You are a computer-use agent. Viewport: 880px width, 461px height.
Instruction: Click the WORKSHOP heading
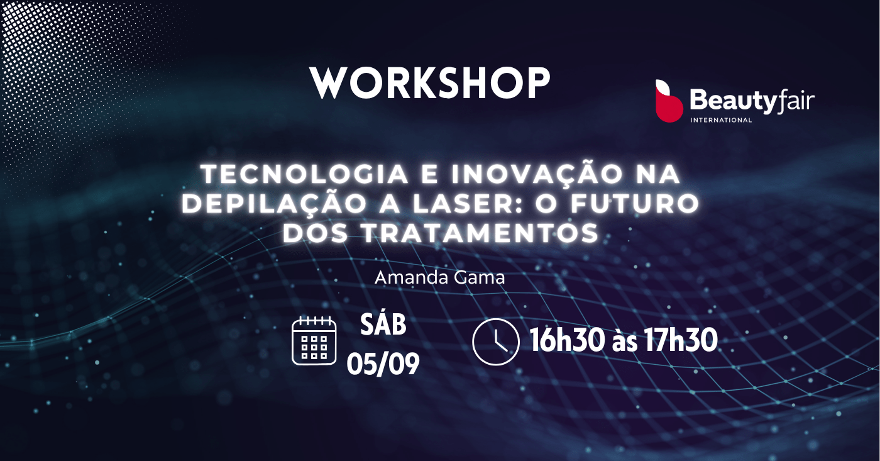430,82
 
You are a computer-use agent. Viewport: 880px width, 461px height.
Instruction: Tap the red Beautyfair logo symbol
669,101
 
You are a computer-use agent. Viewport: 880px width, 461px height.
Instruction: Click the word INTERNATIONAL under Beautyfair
721,120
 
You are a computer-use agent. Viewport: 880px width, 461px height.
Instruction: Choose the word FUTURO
635,204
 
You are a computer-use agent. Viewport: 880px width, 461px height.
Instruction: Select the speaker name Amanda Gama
439,277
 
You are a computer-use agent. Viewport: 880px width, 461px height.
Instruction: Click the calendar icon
314,341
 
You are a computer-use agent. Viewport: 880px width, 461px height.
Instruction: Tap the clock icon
496,342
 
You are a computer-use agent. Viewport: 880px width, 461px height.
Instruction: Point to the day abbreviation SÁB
383,325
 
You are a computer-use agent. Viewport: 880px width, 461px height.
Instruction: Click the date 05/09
383,364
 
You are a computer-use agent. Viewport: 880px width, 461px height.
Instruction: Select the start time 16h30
567,340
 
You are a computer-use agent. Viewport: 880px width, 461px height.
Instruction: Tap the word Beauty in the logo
733,101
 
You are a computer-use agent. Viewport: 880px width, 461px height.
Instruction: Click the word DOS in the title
316,233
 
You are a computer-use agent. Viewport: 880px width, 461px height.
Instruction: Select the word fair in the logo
795,101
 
